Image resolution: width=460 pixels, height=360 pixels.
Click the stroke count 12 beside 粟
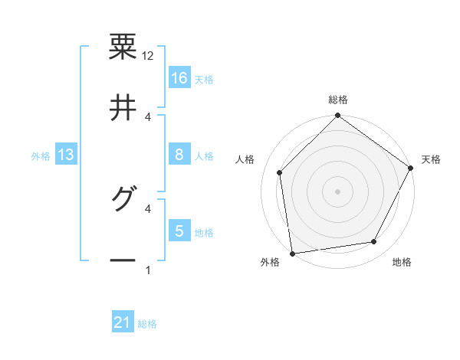pyautogui.click(x=148, y=56)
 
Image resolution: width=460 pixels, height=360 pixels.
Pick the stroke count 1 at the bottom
pyautogui.click(x=148, y=270)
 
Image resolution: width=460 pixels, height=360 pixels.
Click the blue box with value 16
pyautogui.click(x=179, y=78)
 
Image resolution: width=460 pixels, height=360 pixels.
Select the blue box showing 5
pyautogui.click(x=179, y=231)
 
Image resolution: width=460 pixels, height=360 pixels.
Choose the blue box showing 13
pyautogui.click(x=66, y=155)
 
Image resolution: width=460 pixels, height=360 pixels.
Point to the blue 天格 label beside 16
pyautogui.click(x=204, y=80)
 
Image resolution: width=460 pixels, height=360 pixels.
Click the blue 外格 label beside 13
pyautogui.click(x=41, y=156)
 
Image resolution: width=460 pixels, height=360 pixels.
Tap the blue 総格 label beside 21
pyautogui.click(x=147, y=324)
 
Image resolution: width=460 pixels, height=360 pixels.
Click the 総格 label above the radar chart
pyautogui.click(x=338, y=100)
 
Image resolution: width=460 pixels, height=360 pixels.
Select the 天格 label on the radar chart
pyautogui.click(x=431, y=159)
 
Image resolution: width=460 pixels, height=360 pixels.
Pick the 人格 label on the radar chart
pyautogui.click(x=245, y=159)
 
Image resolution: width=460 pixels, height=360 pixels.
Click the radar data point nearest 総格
pyautogui.click(x=338, y=116)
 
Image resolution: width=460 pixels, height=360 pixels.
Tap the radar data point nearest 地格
pyautogui.click(x=374, y=242)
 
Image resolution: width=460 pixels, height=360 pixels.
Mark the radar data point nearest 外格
pyautogui.click(x=292, y=253)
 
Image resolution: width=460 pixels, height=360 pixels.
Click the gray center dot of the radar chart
pyautogui.click(x=338, y=191)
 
